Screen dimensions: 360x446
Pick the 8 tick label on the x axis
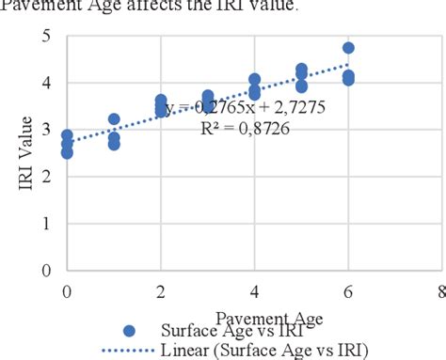pyautogui.click(x=440, y=290)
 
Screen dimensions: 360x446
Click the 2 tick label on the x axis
pyautogui.click(x=161, y=290)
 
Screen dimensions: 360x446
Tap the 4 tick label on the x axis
pyautogui.click(x=254, y=290)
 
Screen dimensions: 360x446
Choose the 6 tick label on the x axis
pyautogui.click(x=347, y=290)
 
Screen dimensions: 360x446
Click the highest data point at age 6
pyautogui.click(x=348, y=48)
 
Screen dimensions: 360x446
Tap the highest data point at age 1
pyautogui.click(x=114, y=119)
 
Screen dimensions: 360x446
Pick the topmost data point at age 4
pyautogui.click(x=254, y=80)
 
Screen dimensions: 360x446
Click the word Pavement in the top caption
pyautogui.click(x=39, y=6)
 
